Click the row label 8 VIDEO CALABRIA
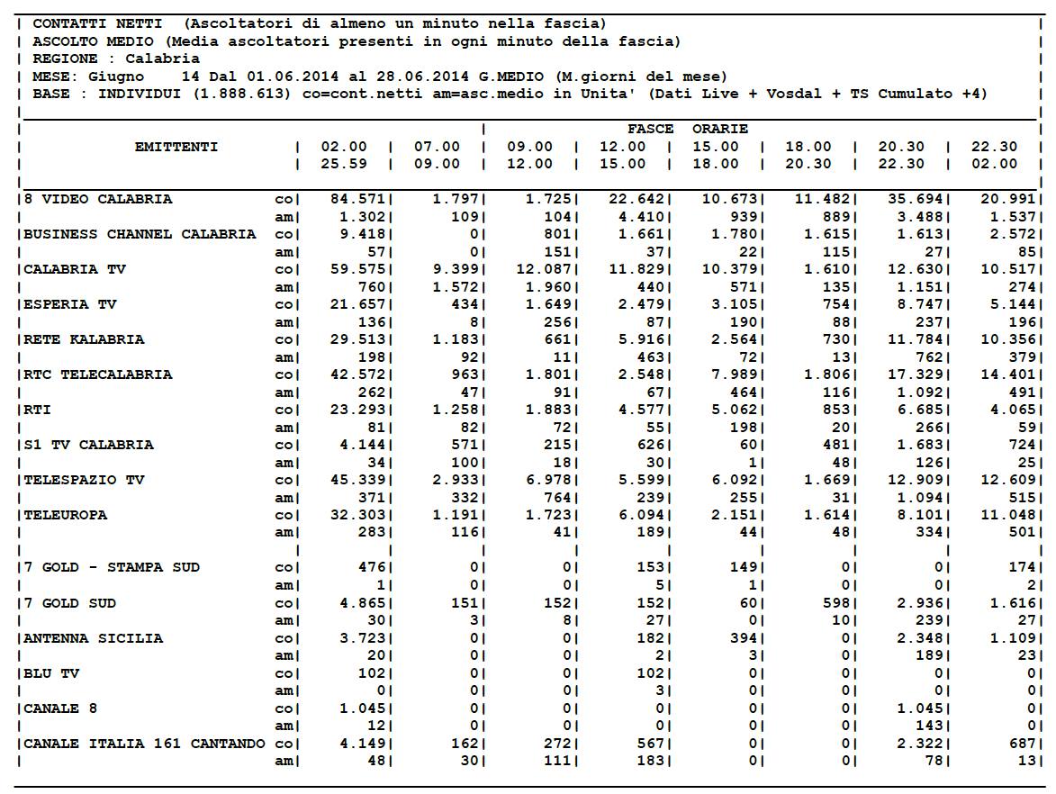[97, 199]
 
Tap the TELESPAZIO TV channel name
[84, 480]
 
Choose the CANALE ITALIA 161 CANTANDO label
[144, 744]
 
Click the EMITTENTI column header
[176, 147]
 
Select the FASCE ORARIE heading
[688, 129]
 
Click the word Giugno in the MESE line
[115, 77]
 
